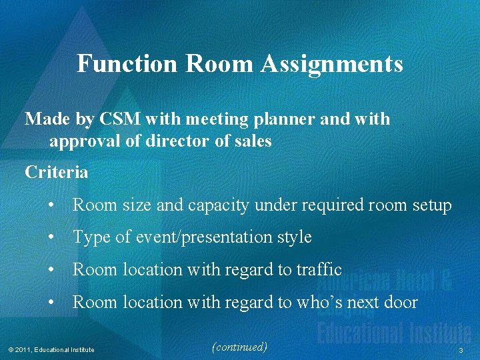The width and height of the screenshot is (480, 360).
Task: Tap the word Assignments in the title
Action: pyautogui.click(x=332, y=64)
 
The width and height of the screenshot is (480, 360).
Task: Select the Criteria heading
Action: pyautogui.click(x=56, y=172)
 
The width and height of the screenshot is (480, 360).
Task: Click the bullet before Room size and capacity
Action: pyautogui.click(x=51, y=206)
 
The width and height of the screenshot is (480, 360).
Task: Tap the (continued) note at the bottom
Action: pyautogui.click(x=239, y=347)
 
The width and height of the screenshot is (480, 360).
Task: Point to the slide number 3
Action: pyautogui.click(x=460, y=350)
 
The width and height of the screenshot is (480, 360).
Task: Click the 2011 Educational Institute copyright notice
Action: pyautogui.click(x=51, y=350)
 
